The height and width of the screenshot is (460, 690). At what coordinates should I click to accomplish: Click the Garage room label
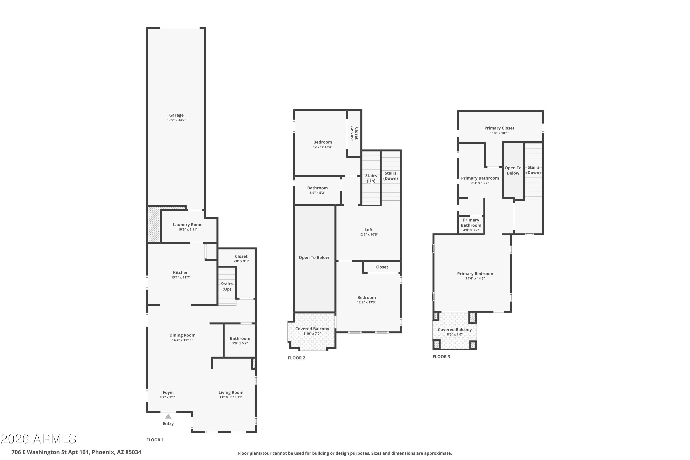pos(176,115)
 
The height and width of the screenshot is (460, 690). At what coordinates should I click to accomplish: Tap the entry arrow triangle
pos(168,416)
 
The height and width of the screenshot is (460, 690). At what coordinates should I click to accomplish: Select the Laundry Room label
pos(188,225)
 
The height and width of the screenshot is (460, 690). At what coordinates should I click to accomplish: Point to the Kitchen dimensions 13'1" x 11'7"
pos(181,277)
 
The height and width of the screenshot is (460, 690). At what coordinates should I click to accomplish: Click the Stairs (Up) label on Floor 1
pos(227,287)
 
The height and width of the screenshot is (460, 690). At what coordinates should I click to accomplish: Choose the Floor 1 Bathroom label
pos(240,339)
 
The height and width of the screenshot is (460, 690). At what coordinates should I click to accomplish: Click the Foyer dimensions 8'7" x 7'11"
pos(168,397)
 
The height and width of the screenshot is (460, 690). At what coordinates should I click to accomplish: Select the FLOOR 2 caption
pos(296,358)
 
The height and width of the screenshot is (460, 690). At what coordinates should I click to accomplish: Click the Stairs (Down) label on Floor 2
pos(391,176)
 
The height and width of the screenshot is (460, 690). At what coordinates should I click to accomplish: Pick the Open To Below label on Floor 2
pos(314,258)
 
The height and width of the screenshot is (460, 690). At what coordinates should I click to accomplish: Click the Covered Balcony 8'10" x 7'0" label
pos(312,331)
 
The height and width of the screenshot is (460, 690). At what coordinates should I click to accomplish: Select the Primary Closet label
pos(499,128)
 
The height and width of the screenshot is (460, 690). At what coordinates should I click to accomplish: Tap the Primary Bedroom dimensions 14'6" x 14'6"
pos(475,278)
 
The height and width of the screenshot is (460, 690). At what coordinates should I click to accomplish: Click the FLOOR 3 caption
pos(441,357)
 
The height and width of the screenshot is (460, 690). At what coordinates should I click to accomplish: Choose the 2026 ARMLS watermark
pos(39,439)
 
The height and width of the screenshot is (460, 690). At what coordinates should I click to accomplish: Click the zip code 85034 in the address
pos(133,452)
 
